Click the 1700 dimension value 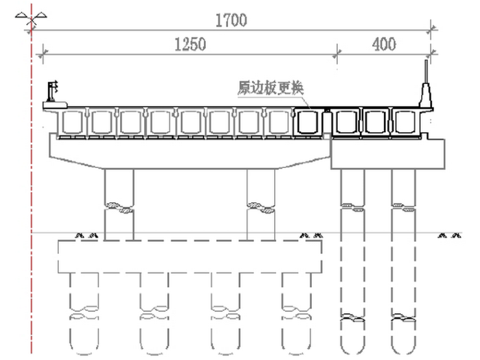tap(230, 20)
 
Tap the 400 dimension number tap(383, 44)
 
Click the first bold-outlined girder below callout tap(308, 122)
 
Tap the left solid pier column tap(119, 202)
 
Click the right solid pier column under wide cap tap(261, 202)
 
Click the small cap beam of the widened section tap(387, 153)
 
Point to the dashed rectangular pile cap tap(189, 256)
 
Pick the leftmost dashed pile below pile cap tap(84, 309)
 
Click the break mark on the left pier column tap(119, 207)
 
